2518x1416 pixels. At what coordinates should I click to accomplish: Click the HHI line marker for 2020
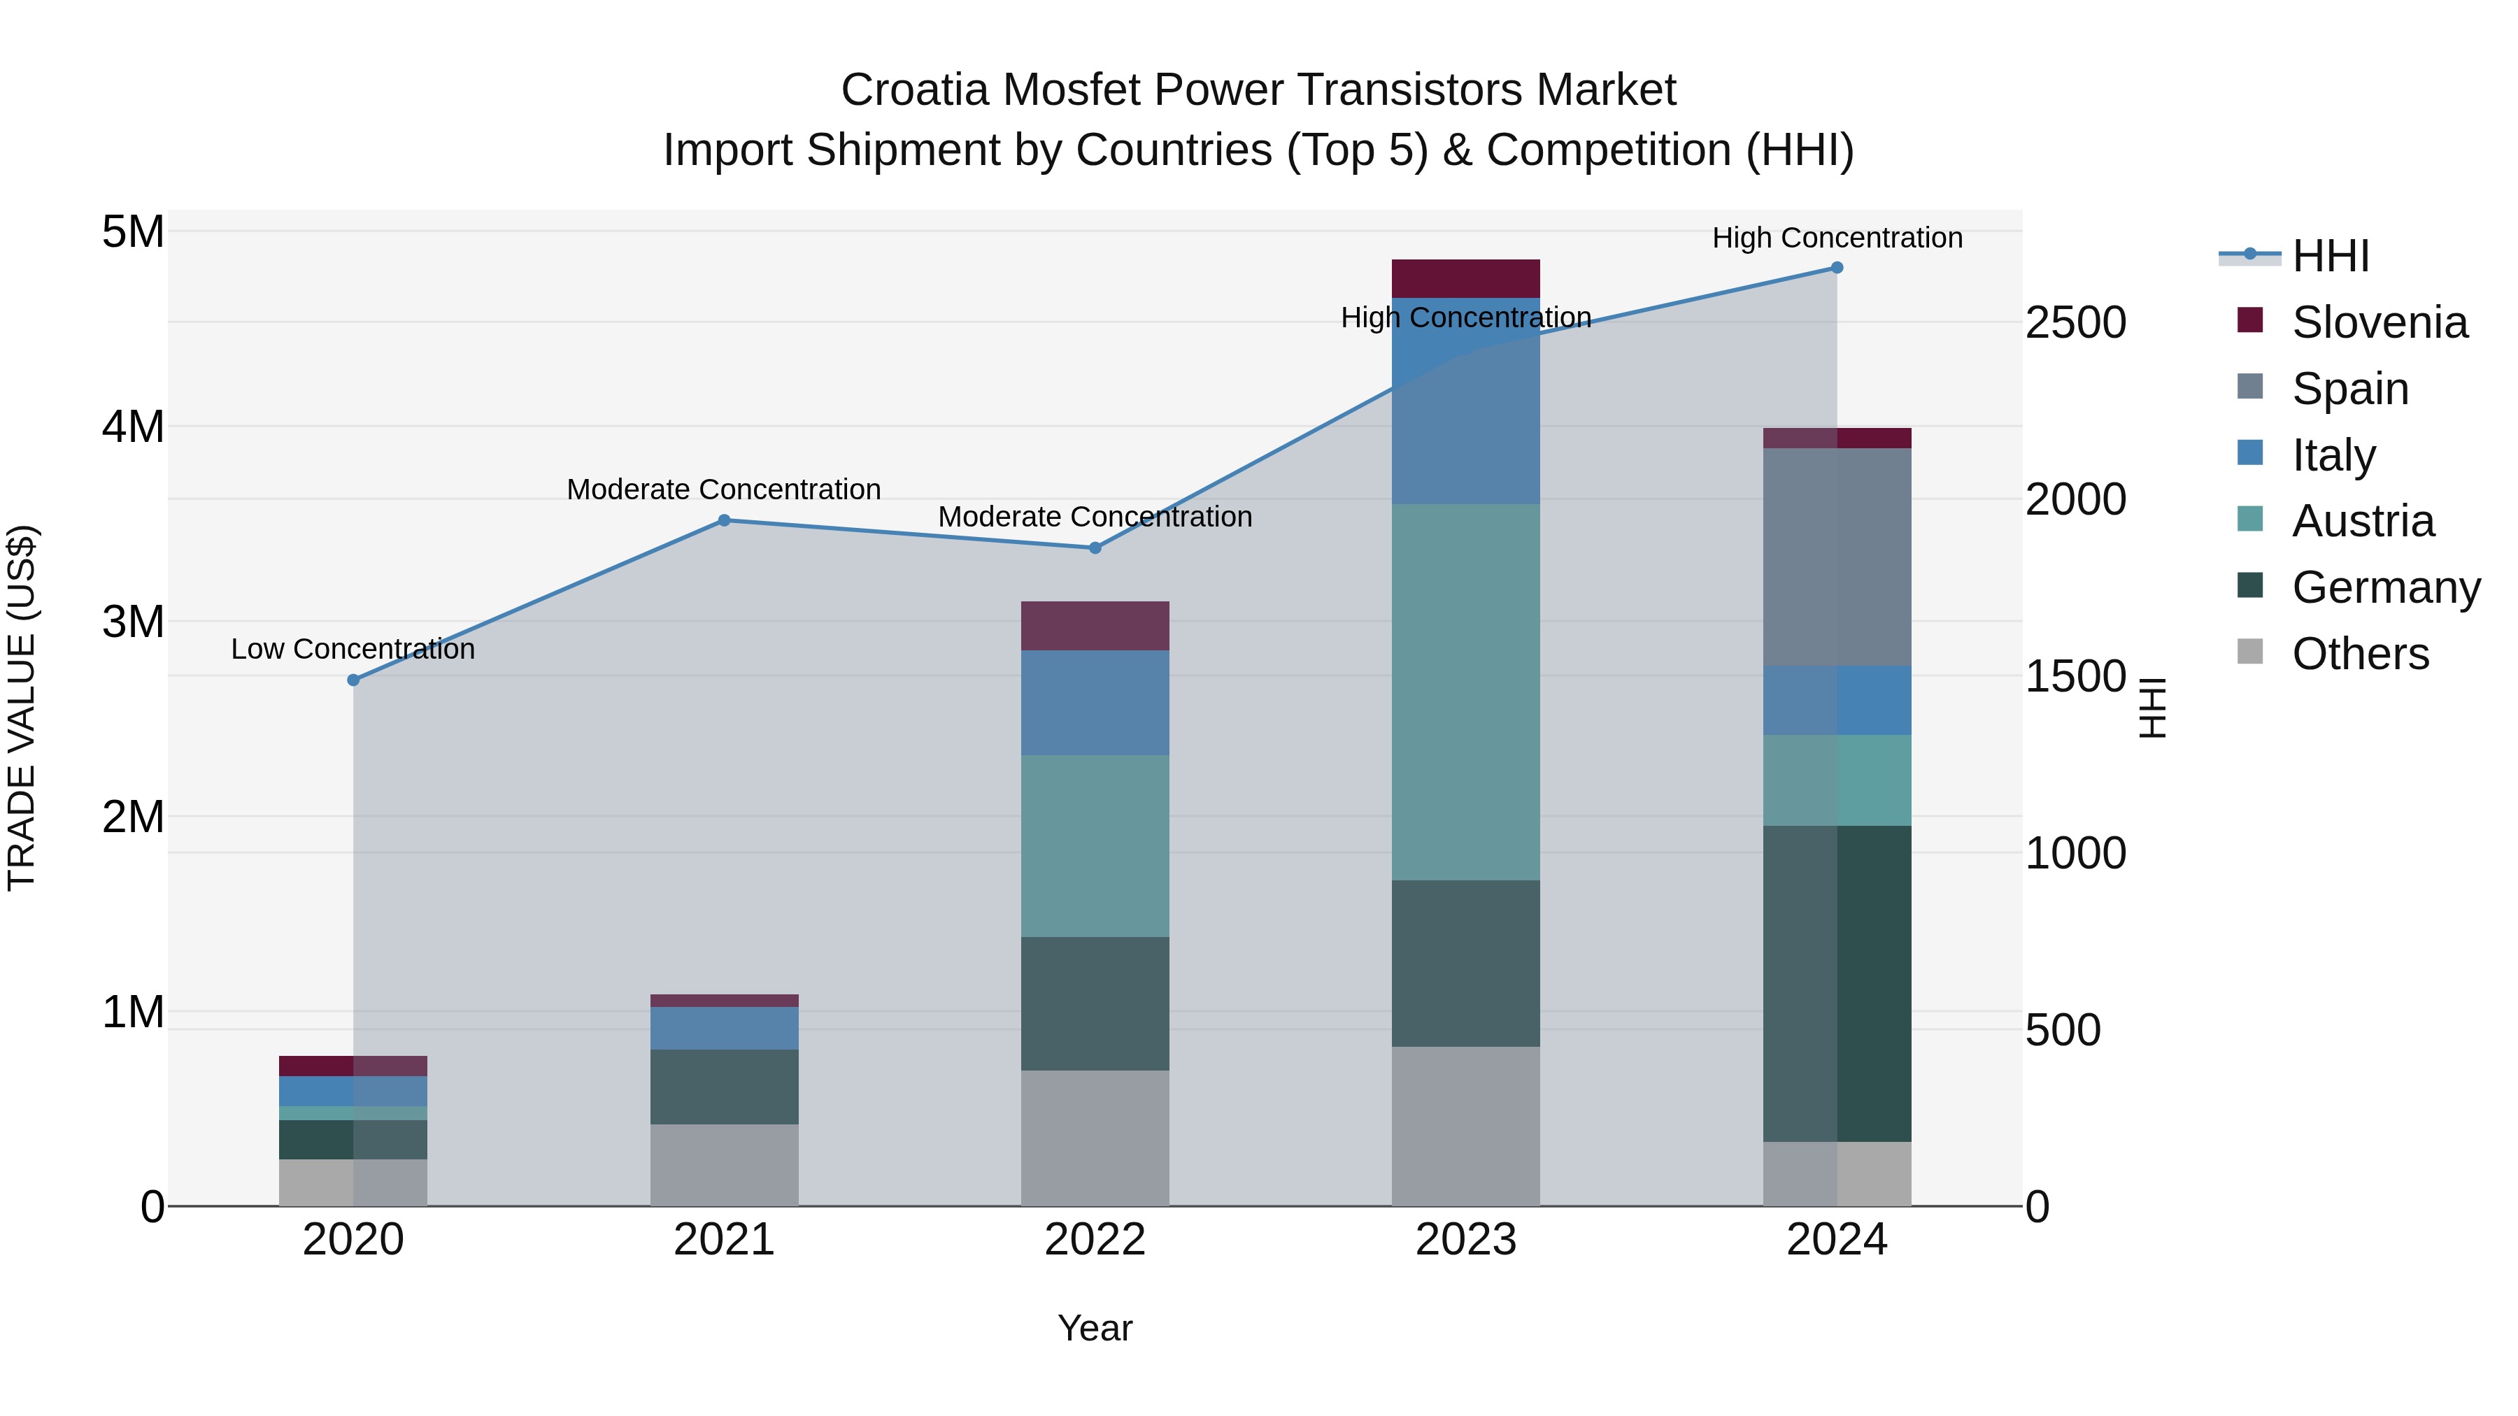(x=354, y=680)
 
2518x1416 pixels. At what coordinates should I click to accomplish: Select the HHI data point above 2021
(x=725, y=521)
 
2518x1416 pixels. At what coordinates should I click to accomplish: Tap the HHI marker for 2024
(x=1837, y=268)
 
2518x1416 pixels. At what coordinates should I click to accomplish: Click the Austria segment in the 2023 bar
(x=1465, y=692)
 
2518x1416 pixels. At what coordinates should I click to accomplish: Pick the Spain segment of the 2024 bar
(x=1837, y=557)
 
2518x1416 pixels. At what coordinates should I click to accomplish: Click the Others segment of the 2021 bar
(x=725, y=1165)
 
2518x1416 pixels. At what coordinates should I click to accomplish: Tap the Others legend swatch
(x=2249, y=652)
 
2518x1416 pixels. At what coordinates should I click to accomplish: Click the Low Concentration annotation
(x=353, y=649)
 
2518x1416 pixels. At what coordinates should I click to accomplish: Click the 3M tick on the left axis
(x=133, y=622)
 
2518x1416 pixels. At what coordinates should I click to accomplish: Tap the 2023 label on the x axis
(x=1465, y=1240)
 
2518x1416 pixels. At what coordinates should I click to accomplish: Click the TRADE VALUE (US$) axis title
(x=22, y=708)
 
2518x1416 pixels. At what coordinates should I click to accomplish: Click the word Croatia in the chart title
(x=915, y=90)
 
